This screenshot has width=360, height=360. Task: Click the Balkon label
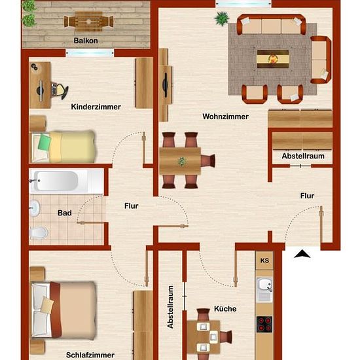point(86,41)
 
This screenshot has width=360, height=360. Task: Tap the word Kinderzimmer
point(96,107)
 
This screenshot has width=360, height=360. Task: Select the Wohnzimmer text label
point(225,117)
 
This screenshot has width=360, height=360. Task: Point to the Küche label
point(225,308)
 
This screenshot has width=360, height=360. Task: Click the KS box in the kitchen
point(264,261)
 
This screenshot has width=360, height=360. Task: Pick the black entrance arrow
point(302,254)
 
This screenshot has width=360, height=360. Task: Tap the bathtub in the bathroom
point(67,181)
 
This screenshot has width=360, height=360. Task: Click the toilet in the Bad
point(39,232)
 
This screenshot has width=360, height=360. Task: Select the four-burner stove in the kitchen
point(264,325)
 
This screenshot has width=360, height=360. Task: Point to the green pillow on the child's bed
point(45,142)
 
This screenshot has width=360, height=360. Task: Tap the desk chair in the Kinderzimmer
point(60,91)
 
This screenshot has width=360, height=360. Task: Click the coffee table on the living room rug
point(273,59)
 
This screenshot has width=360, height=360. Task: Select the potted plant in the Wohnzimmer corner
point(221,18)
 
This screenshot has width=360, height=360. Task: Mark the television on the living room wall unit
point(166,85)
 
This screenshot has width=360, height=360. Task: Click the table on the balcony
point(88,22)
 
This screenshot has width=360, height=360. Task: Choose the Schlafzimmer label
point(90,355)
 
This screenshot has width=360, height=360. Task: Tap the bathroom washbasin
point(35,207)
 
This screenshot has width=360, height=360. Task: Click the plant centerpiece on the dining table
point(182,162)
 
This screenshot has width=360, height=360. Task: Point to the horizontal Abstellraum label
point(303,156)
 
